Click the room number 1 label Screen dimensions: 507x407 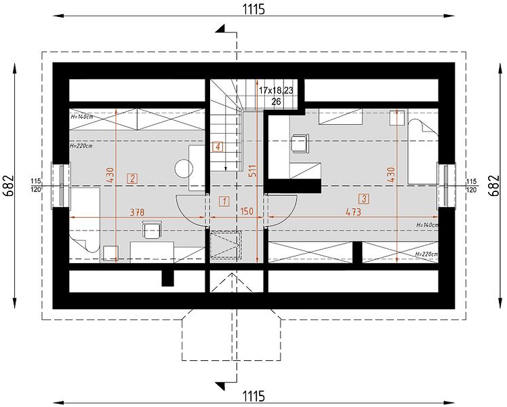224,201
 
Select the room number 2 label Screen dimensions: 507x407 132,179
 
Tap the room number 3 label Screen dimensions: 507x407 364,199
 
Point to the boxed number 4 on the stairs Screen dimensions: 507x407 218,147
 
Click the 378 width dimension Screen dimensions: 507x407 137,212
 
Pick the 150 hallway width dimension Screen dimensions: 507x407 247,212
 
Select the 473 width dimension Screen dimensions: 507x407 353,212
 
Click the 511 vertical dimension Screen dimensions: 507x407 252,171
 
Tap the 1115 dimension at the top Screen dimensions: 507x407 254,9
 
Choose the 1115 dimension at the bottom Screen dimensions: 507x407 254,396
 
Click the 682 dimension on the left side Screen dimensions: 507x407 9,186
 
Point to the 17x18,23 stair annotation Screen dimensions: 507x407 276,90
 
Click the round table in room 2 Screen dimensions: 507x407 184,168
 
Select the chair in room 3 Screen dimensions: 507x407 300,143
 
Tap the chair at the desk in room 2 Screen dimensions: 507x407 152,229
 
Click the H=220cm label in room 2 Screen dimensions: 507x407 81,146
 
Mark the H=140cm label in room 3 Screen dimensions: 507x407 427,225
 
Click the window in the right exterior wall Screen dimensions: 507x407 446,186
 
